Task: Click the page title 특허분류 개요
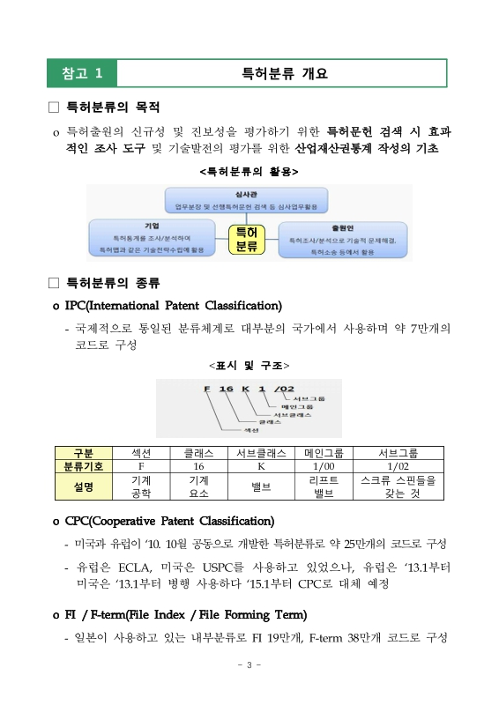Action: point(284,73)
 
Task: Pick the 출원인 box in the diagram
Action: point(342,239)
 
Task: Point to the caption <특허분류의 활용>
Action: point(249,169)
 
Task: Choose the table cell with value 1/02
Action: point(398,465)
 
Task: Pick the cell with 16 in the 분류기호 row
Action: point(198,465)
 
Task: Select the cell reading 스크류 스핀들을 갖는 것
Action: point(398,486)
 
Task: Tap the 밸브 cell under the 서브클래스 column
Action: point(261,486)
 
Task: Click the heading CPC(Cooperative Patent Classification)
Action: point(169,521)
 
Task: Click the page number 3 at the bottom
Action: point(249,664)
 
